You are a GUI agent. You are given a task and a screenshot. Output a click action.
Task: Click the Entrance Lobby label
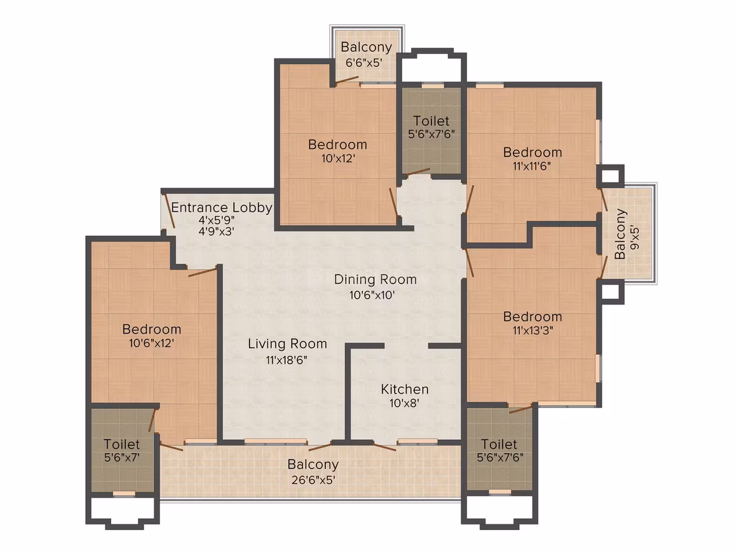[221, 207]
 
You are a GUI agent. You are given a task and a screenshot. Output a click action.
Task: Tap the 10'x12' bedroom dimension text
[338, 158]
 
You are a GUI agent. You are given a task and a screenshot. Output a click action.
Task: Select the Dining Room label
[375, 279]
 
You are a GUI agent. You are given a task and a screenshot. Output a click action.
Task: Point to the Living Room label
[287, 344]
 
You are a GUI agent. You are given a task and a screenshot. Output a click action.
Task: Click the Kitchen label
[405, 390]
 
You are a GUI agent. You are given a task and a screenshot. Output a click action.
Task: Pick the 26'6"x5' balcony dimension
[313, 480]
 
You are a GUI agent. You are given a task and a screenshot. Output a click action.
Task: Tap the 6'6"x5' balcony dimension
[364, 62]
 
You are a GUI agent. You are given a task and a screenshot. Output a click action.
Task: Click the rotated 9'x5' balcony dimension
[635, 238]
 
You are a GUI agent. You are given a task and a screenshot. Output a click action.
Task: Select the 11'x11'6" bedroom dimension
[532, 166]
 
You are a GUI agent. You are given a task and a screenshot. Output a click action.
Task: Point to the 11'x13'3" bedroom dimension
[532, 331]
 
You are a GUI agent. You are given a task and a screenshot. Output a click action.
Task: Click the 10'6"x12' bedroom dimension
[151, 343]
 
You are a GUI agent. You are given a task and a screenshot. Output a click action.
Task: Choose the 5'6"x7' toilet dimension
[122, 458]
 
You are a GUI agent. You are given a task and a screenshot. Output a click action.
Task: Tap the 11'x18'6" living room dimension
[287, 360]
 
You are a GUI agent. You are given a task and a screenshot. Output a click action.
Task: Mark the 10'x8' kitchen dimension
[404, 403]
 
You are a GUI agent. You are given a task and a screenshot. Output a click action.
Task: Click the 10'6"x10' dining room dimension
[372, 296]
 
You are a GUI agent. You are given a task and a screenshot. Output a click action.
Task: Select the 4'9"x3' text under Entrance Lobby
[216, 231]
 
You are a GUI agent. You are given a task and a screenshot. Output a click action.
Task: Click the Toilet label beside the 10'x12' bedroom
[431, 121]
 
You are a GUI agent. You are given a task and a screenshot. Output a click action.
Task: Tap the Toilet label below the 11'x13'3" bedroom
[499, 444]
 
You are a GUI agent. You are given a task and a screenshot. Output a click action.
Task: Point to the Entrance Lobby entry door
[170, 211]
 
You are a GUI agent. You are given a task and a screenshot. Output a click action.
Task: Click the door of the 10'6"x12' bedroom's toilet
[152, 420]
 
